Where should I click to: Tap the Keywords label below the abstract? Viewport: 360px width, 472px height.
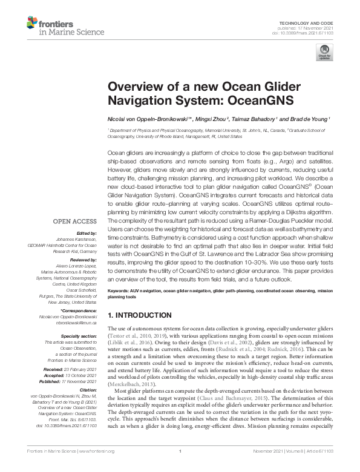pos(119,292)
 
